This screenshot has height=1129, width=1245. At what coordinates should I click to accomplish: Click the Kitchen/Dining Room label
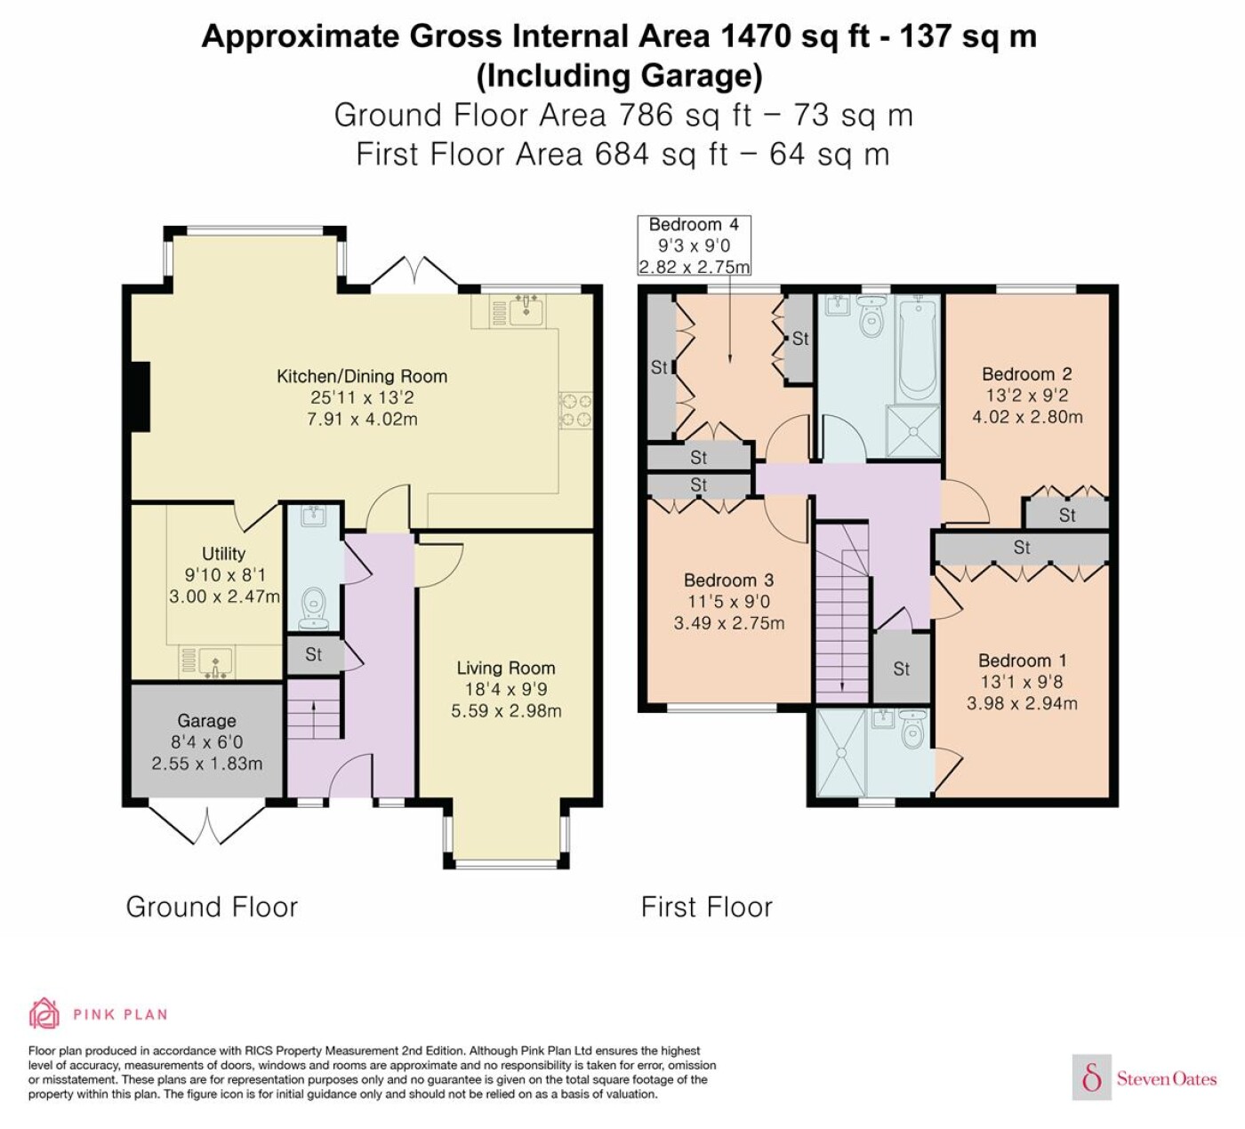362,376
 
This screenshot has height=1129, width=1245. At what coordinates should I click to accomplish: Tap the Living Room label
506,668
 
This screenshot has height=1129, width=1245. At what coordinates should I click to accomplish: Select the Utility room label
223,553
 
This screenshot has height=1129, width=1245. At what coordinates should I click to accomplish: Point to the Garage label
206,721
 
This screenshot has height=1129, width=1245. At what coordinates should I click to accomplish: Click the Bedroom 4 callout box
695,245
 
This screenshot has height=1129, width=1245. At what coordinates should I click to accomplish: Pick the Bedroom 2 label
1027,374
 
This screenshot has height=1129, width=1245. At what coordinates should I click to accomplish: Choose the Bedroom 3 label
728,581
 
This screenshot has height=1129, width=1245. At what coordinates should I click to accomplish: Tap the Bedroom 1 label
1023,661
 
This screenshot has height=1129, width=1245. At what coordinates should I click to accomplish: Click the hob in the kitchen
576,411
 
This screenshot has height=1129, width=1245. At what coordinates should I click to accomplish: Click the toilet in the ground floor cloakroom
314,608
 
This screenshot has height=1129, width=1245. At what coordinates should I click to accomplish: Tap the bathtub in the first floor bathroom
918,348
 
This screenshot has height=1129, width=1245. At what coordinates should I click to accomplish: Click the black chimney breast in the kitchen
141,396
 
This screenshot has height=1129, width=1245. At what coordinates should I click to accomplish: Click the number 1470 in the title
755,36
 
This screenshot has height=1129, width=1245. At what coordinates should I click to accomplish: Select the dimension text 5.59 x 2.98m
506,710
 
